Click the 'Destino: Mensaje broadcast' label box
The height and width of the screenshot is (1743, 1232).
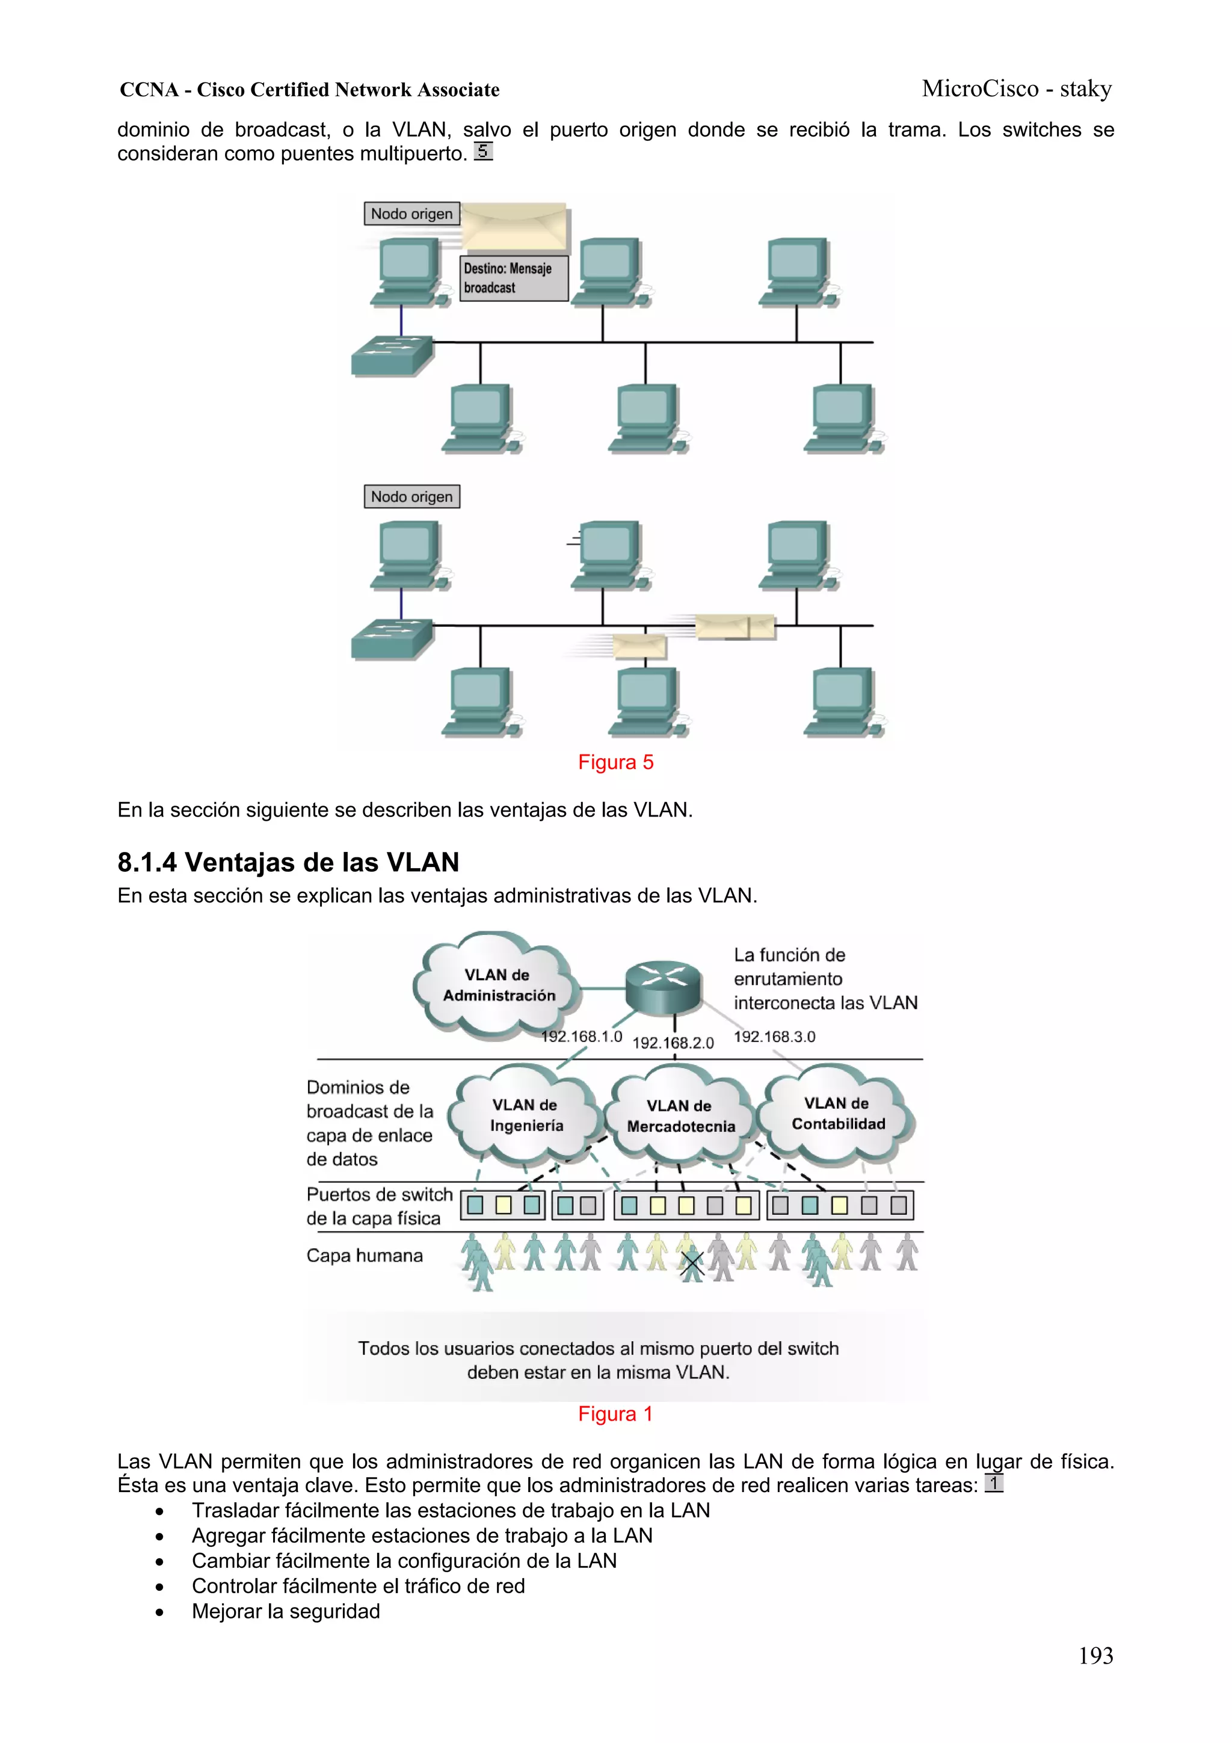[x=514, y=278]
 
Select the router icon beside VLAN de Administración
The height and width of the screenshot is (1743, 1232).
[x=663, y=986]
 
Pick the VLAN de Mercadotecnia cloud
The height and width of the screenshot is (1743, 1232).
[x=680, y=1116]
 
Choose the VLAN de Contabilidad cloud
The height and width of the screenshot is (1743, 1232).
[x=837, y=1114]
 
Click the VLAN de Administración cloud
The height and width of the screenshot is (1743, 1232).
[x=498, y=985]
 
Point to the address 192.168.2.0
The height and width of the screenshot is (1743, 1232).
[x=673, y=1043]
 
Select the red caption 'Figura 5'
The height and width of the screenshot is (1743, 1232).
[x=615, y=762]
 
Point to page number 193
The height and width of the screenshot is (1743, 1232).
[x=1095, y=1655]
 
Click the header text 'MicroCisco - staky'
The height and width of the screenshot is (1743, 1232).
[x=1017, y=89]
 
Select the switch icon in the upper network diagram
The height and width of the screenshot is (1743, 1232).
[x=392, y=356]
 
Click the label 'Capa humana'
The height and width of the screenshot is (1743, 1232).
[x=365, y=1256]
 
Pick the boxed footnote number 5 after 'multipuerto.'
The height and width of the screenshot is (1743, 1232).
[x=483, y=151]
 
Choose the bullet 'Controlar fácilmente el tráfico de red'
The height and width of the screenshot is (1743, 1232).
[x=359, y=1586]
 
